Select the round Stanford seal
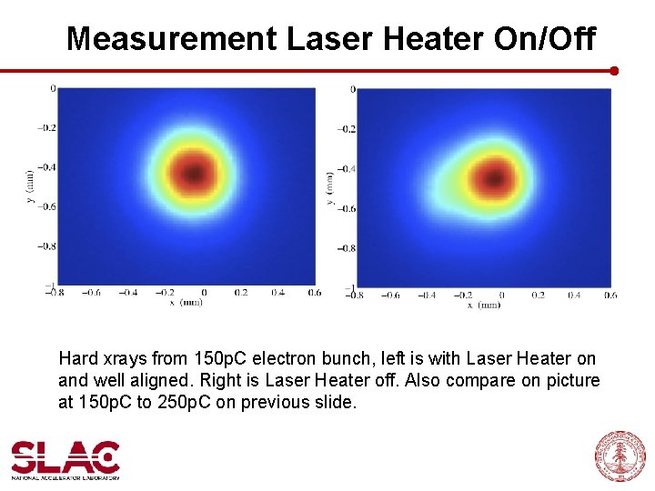click(620, 456)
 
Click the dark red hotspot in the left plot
click(193, 169)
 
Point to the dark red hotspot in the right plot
click(494, 174)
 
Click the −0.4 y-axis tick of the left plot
click(45, 167)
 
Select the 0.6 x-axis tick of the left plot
click(314, 293)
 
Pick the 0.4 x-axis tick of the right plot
click(574, 296)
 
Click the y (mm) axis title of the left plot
click(30, 185)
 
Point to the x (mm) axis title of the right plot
click(484, 306)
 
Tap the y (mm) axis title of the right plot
click(330, 187)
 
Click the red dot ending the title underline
click(614, 70)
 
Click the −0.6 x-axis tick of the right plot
click(389, 296)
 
